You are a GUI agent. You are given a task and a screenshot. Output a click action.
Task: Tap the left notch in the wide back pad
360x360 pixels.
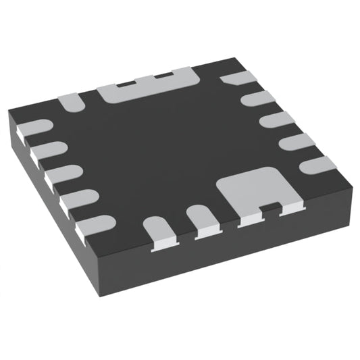click(x=124, y=82)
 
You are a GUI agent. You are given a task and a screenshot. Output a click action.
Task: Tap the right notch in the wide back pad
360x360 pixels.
click(x=162, y=75)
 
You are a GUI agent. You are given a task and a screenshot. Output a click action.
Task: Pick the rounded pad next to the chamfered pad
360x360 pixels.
click(x=257, y=99)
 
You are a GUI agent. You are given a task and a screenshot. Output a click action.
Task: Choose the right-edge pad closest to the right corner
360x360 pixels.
click(x=317, y=163)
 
